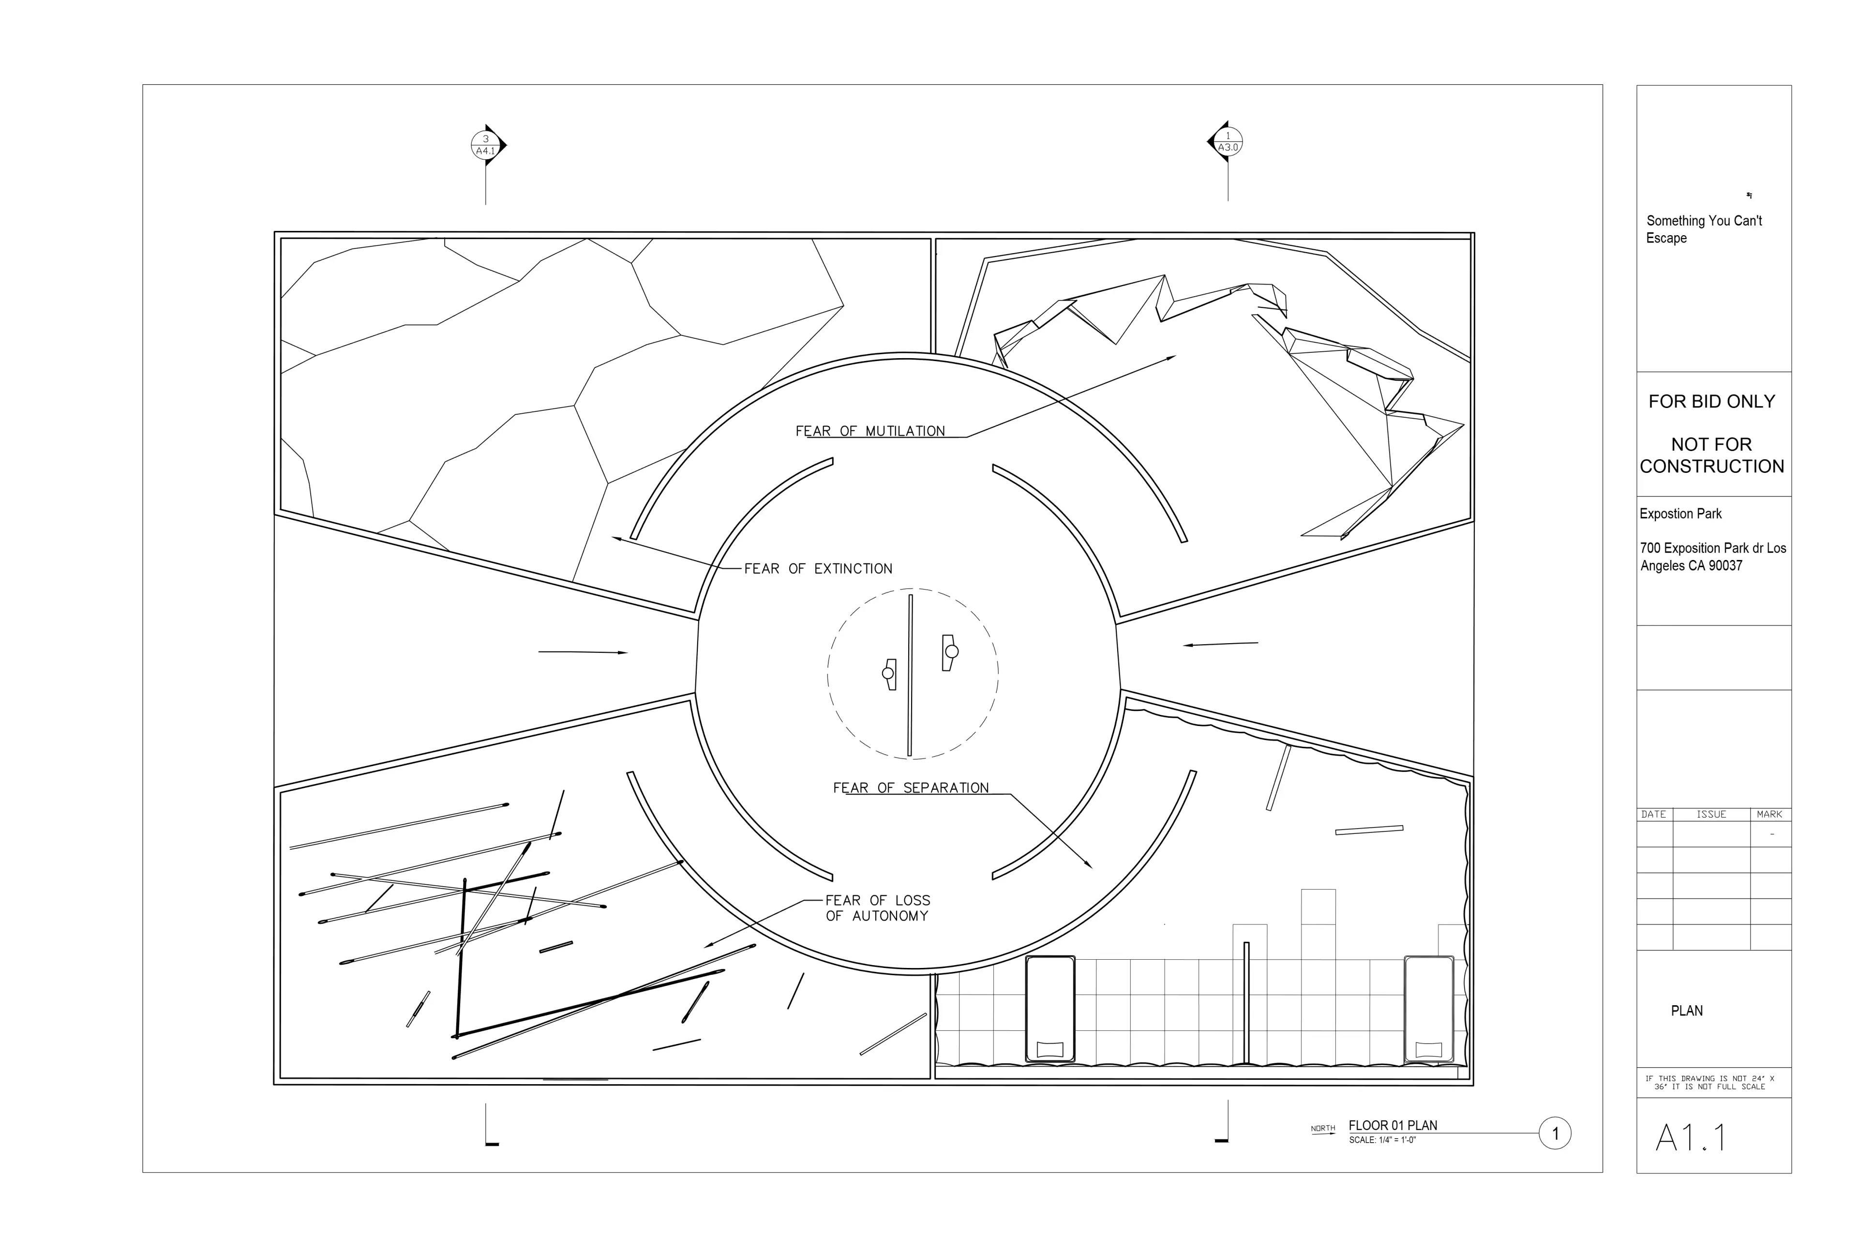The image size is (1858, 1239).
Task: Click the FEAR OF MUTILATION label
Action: [870, 431]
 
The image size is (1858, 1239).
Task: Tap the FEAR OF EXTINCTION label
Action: [818, 568]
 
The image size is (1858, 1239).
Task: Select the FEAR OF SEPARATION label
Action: [911, 788]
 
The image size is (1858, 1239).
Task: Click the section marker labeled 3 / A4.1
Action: [486, 145]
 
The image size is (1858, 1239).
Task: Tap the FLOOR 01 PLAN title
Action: [1393, 1125]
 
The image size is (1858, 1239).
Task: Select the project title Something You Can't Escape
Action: [1704, 229]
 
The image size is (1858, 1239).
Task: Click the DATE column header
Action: [1653, 814]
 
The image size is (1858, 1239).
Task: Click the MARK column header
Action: [1769, 814]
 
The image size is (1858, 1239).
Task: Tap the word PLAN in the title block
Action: [1687, 1011]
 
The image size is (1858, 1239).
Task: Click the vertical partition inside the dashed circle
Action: [910, 676]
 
